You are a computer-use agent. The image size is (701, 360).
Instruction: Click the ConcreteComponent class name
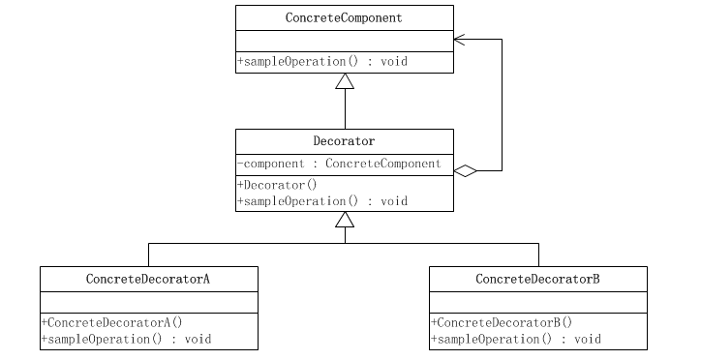tap(344, 18)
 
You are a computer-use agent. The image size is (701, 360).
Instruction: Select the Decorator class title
tap(344, 141)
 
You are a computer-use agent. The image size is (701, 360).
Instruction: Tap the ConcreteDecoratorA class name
tap(149, 279)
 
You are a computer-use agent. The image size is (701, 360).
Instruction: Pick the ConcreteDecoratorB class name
tap(538, 279)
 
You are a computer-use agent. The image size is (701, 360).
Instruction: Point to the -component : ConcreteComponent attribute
tap(339, 164)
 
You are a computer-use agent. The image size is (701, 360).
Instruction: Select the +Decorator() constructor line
tap(277, 184)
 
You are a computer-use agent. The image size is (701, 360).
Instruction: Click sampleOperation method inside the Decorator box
tap(321, 200)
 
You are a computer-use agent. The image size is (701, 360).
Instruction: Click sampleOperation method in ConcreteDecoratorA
tap(126, 339)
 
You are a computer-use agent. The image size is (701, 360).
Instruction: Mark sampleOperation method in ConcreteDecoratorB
tap(515, 339)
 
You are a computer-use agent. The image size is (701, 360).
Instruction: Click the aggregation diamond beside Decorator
tap(466, 171)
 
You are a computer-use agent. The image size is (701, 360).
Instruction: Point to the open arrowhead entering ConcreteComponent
tap(459, 40)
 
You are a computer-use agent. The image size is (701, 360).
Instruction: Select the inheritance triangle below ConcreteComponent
tap(345, 81)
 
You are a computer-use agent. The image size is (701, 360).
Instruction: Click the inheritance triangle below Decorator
tap(345, 220)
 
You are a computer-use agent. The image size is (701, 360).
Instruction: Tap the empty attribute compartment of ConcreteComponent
tap(344, 41)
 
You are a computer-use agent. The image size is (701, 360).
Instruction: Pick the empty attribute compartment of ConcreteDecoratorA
tap(149, 301)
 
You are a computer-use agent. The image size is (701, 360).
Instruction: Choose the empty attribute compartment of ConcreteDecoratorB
tap(538, 301)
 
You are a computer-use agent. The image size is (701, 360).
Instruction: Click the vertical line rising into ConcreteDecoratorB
tap(538, 255)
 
